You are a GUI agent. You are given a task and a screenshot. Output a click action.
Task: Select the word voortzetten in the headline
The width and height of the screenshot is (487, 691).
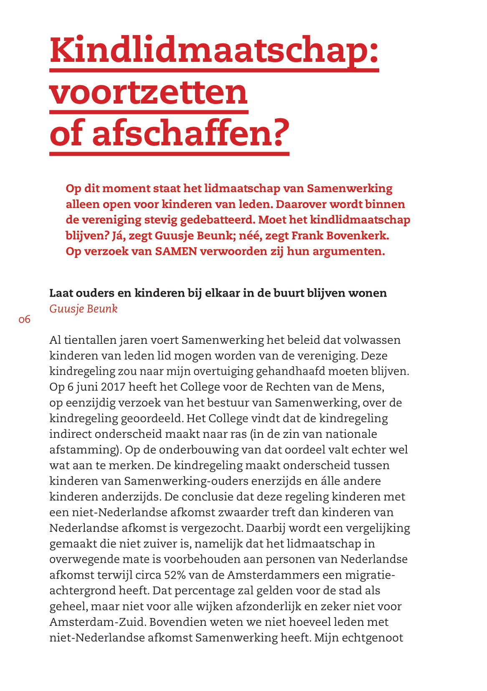(x=149, y=93)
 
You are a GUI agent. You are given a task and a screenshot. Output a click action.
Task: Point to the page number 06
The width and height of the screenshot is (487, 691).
(x=25, y=320)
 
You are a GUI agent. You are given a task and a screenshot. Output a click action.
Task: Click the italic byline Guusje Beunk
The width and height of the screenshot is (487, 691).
(x=84, y=309)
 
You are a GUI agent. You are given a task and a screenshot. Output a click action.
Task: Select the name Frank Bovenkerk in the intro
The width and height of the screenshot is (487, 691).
(x=340, y=236)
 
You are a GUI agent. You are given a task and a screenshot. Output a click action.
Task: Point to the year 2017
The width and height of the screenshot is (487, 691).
(x=113, y=387)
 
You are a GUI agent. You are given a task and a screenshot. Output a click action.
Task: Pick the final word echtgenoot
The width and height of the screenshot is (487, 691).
(x=373, y=638)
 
